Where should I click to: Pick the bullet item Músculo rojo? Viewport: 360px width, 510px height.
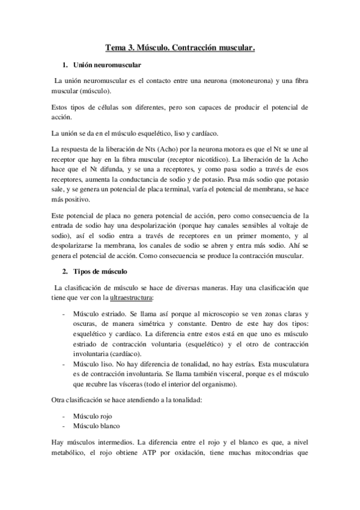pos(94,416)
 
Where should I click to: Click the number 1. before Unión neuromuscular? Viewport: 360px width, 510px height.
pos(65,64)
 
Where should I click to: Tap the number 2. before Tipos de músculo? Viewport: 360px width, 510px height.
pos(65,272)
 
